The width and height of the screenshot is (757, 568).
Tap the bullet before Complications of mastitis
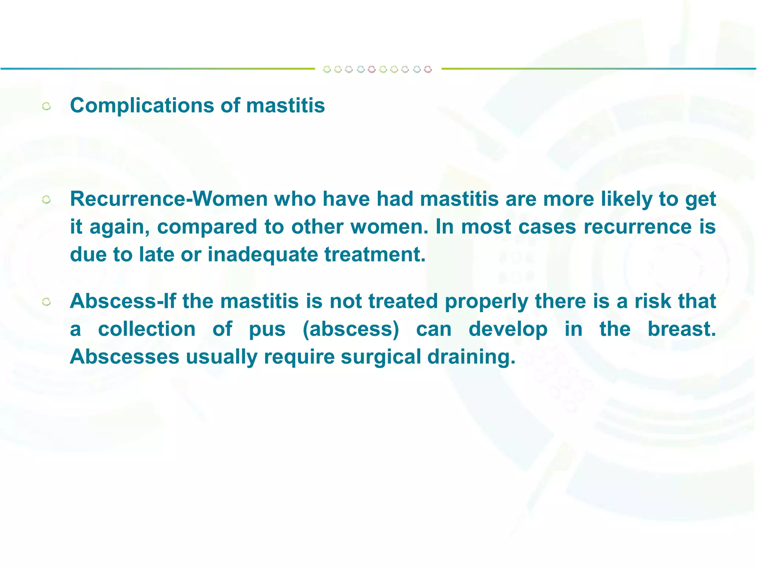tap(47, 107)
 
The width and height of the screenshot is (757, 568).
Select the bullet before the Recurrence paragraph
tap(47, 200)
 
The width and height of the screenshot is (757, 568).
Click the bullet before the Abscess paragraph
tap(47, 302)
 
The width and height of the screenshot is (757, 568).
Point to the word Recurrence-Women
tap(169, 199)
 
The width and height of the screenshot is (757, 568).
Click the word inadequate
tap(262, 255)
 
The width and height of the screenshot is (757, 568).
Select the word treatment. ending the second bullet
tap(375, 255)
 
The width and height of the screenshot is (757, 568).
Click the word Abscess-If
tap(122, 301)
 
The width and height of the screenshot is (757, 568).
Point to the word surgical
tap(381, 357)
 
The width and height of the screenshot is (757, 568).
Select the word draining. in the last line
tap(471, 357)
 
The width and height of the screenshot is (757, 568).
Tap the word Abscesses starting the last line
tap(125, 357)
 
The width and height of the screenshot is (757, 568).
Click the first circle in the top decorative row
tap(327, 69)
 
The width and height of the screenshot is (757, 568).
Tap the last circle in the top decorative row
tap(428, 69)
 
